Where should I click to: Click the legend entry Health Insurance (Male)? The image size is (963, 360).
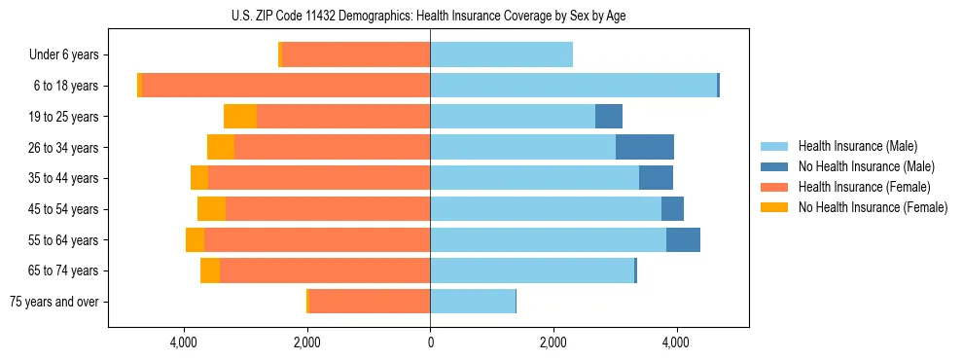coord(857,146)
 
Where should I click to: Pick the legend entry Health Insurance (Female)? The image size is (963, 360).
coord(864,187)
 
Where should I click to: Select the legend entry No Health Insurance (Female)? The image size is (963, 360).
coord(873,207)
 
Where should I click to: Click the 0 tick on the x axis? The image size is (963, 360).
coord(430,342)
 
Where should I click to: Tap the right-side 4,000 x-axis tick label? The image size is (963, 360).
coord(676,342)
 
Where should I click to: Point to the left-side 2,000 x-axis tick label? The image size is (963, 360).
coord(307,342)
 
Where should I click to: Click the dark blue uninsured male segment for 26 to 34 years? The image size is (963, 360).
coord(645,148)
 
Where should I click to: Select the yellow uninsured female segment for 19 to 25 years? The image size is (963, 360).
coord(240,117)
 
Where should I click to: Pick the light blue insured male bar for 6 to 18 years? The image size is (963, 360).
coord(574,86)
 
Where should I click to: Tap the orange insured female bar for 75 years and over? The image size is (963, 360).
coord(370,302)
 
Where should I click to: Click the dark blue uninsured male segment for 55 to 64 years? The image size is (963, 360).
coord(683,240)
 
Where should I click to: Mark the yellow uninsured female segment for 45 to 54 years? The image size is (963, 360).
coord(211,209)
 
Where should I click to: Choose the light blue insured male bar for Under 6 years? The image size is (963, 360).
coord(501,55)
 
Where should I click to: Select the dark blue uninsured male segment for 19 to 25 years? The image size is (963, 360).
coord(609,117)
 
